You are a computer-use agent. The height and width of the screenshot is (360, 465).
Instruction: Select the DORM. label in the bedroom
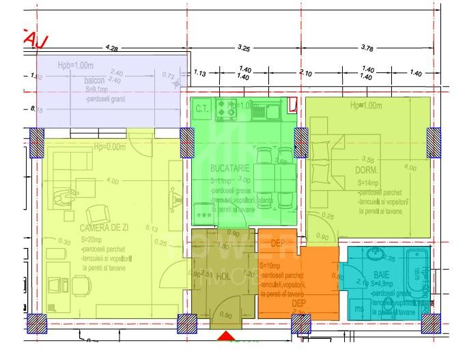367,170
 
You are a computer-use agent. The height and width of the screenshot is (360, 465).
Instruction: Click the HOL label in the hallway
223,277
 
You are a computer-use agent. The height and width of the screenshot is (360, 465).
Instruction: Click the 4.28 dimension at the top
112,49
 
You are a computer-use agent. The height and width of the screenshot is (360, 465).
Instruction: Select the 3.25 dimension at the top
244,49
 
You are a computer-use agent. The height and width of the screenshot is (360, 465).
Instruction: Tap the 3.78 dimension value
367,49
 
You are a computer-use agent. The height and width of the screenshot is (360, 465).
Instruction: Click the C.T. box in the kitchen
202,108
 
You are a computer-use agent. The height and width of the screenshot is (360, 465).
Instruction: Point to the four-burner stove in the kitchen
226,107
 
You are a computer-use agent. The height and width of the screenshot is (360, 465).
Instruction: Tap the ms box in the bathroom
359,309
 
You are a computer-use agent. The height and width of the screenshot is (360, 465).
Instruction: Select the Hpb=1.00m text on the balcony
76,66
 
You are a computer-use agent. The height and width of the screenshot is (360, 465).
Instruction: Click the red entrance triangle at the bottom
225,336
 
